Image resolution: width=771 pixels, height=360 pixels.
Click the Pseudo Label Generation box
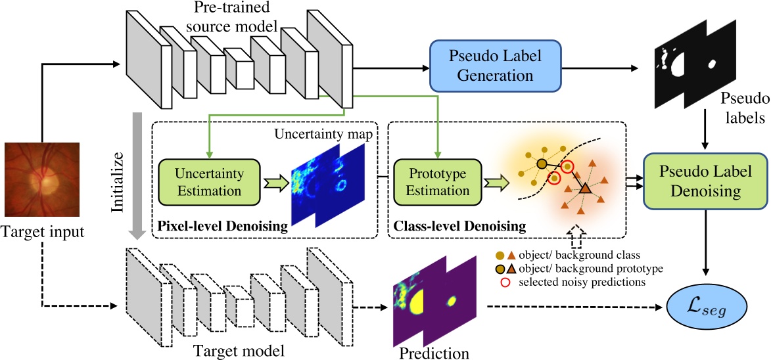[495, 65]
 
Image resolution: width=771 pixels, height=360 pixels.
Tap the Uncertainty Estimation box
[209, 181]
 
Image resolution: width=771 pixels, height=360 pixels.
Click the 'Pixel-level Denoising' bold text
[222, 227]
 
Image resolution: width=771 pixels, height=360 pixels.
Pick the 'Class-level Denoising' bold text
[459, 227]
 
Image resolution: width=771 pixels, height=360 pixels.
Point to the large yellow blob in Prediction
[418, 304]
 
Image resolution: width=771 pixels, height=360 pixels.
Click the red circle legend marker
[504, 282]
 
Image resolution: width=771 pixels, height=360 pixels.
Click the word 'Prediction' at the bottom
[434, 353]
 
